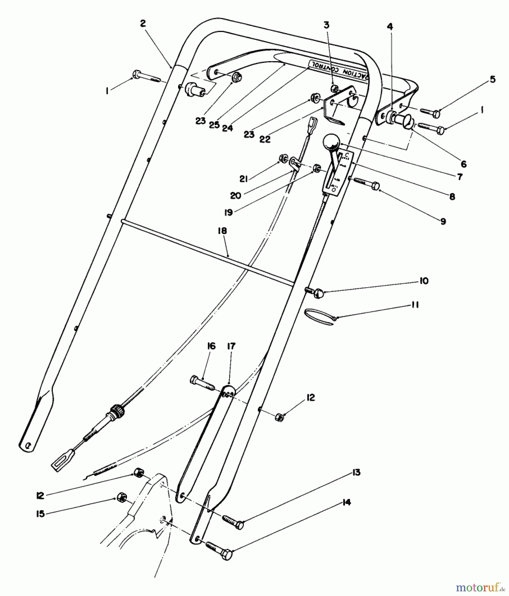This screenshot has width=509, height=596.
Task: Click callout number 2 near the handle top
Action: point(143,24)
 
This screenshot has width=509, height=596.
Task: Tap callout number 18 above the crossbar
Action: point(222,231)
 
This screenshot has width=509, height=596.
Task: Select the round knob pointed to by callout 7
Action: point(330,144)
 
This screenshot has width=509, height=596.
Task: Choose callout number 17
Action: point(231,347)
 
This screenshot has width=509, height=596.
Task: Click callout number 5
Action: point(492,79)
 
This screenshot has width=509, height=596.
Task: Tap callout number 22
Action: point(265,139)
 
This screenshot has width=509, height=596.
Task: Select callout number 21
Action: point(244,179)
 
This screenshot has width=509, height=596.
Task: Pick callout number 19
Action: point(228,212)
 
